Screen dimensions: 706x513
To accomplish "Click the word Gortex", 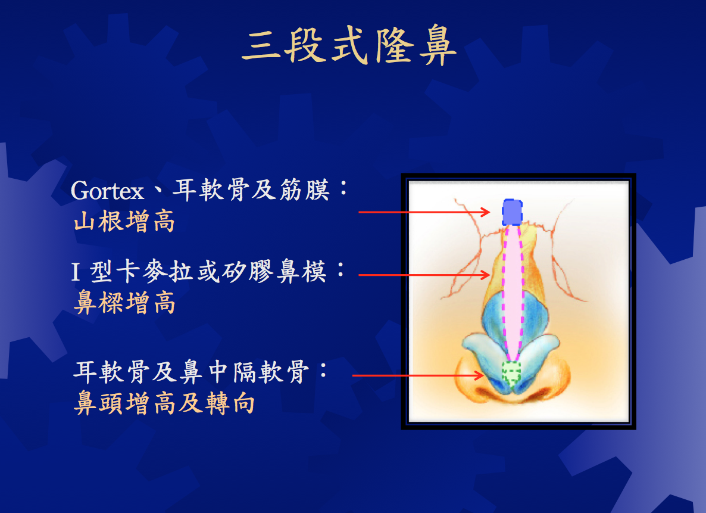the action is click(107, 191).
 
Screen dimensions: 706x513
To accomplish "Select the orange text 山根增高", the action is click(124, 221).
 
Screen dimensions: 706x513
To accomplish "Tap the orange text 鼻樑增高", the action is click(124, 302).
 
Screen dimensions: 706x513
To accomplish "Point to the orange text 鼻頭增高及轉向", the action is click(164, 403).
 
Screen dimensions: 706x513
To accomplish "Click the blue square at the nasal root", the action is click(513, 212).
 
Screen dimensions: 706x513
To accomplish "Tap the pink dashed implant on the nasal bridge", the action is click(513, 293).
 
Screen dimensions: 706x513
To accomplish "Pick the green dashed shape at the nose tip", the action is click(511, 374).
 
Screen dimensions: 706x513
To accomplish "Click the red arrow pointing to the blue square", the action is click(424, 212).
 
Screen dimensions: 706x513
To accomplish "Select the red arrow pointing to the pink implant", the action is click(424, 275).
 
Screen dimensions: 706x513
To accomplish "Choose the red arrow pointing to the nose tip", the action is click(418, 375).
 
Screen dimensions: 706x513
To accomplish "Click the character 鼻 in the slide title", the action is click(437, 45).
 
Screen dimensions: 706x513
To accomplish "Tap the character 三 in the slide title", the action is click(261, 46).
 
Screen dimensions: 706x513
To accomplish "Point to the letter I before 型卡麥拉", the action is click(76, 272).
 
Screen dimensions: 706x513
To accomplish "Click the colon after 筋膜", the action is click(343, 188).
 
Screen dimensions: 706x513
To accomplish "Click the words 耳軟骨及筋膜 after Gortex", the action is click(251, 190).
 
